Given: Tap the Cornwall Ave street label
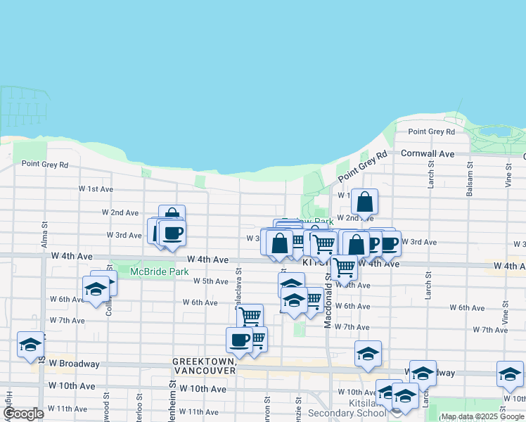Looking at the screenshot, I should click(428, 153).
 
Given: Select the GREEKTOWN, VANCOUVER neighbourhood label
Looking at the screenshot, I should click(204, 365).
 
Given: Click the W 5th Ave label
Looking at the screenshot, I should click(211, 281).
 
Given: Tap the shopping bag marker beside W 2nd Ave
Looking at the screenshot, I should click(364, 202).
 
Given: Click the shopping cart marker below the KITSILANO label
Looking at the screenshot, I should click(343, 267).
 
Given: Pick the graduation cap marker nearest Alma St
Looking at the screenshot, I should click(30, 344).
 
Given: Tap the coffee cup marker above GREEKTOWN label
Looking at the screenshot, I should click(239, 340).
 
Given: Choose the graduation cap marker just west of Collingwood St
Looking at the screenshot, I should click(96, 290).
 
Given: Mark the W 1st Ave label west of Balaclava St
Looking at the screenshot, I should click(96, 189).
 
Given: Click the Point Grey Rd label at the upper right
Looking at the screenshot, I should click(431, 132).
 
